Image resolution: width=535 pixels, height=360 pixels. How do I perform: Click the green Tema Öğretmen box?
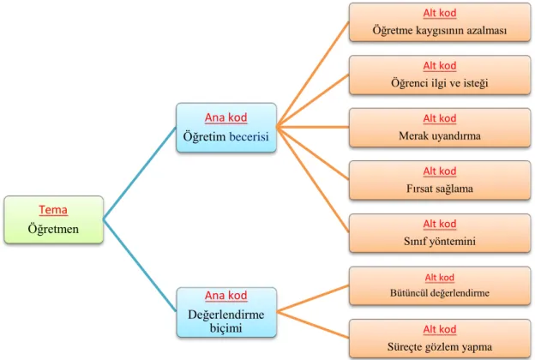click(53, 219)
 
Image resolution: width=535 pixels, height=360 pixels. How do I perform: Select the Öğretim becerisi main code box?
click(226, 128)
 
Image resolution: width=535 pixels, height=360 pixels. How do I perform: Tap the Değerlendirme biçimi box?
click(226, 312)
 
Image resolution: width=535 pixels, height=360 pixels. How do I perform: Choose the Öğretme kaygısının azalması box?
click(440, 22)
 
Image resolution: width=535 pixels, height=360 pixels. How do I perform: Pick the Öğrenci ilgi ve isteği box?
click(440, 75)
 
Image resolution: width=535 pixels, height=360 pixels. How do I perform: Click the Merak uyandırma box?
click(440, 128)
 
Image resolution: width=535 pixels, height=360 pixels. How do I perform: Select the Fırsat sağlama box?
click(440, 181)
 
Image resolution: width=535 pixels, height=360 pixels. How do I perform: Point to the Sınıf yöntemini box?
click(440, 233)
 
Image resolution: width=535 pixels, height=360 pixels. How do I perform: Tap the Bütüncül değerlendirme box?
click(440, 286)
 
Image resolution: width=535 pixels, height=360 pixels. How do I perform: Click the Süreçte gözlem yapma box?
click(440, 339)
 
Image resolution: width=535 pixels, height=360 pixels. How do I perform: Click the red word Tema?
click(53, 209)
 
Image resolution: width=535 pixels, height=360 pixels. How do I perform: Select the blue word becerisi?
click(249, 137)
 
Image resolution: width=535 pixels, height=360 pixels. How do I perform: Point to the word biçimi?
click(225, 328)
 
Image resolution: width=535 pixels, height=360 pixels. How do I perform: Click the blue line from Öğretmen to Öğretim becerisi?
click(140, 173)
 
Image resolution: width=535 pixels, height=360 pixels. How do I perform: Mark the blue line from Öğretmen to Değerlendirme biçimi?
click(140, 265)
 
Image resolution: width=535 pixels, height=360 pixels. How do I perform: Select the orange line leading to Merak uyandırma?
click(313, 127)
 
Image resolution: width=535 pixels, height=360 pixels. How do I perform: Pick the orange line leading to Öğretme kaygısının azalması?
click(313, 75)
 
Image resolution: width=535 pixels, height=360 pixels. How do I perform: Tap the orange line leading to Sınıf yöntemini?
click(313, 180)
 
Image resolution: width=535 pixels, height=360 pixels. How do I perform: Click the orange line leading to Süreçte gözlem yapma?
click(313, 325)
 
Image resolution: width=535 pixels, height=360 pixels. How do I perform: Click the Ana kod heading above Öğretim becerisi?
click(225, 117)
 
